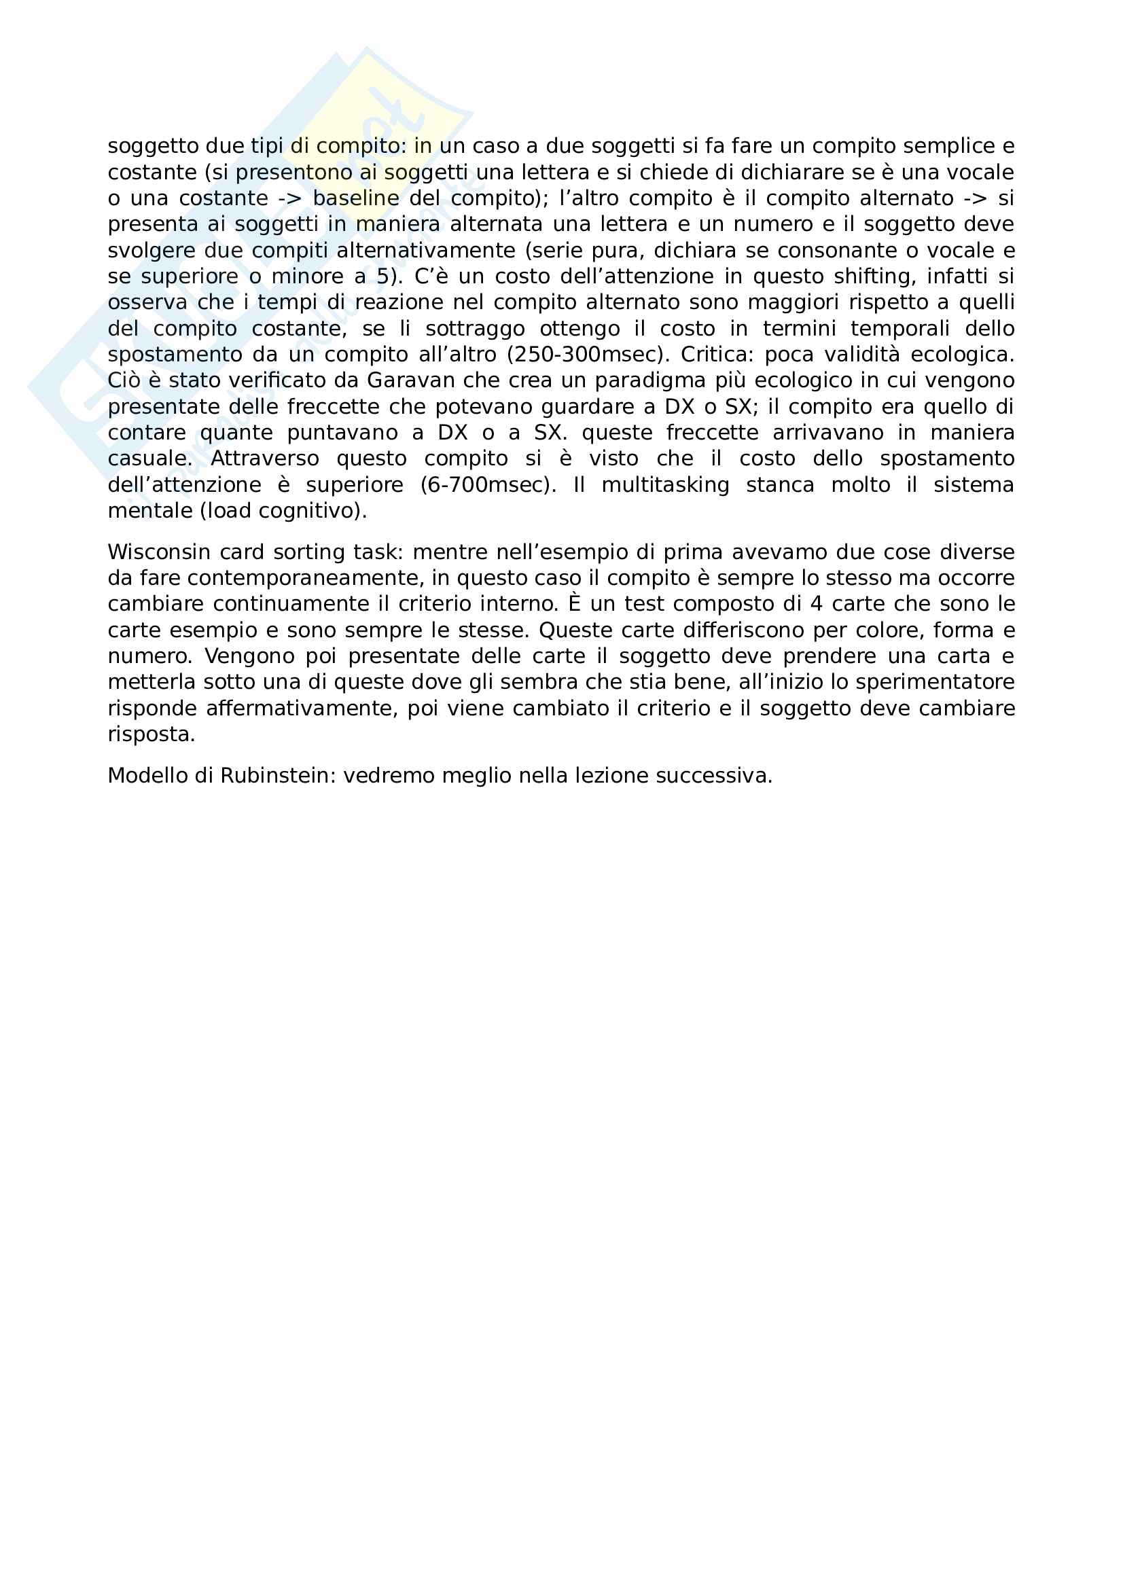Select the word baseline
coord(356,198)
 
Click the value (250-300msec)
coord(588,355)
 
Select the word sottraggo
coord(476,329)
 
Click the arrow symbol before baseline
coord(289,198)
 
